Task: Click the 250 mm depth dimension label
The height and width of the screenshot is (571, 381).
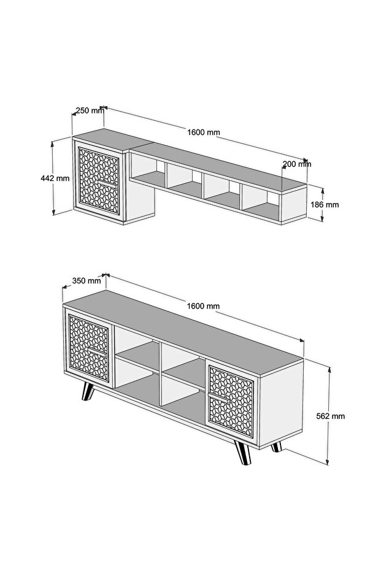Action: click(90, 110)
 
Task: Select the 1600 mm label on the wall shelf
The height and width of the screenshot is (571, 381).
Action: click(204, 132)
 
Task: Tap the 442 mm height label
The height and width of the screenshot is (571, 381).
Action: click(55, 178)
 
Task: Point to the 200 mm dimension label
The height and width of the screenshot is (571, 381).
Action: click(297, 164)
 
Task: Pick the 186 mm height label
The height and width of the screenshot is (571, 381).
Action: click(325, 204)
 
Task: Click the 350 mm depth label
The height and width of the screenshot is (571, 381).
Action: click(87, 280)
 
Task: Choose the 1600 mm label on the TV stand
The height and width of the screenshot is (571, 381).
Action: click(203, 306)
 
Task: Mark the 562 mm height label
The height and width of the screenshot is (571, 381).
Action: click(330, 416)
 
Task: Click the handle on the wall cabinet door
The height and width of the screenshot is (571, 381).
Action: click(107, 183)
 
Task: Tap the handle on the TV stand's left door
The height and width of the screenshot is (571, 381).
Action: click(97, 351)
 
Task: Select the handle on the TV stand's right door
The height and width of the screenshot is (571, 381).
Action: click(219, 397)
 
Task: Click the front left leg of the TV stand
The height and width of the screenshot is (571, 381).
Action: click(87, 392)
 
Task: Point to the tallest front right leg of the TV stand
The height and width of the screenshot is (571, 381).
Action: click(243, 452)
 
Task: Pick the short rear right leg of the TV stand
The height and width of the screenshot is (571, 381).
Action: click(277, 447)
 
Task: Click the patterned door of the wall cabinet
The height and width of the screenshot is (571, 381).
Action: click(99, 181)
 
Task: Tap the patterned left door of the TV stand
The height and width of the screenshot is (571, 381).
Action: click(89, 348)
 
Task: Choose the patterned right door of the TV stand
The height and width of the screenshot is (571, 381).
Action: click(231, 401)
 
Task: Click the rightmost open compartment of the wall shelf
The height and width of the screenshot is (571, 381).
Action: click(261, 202)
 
